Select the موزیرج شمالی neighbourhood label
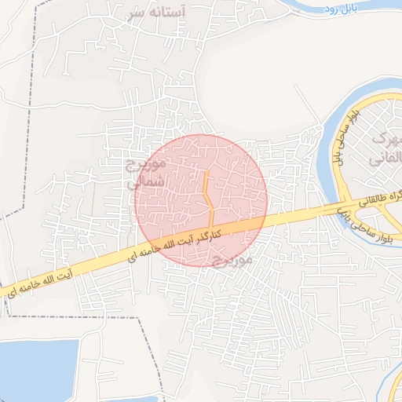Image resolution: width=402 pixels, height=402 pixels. point(146,173)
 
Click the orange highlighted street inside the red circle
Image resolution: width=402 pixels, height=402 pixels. point(208,196)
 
